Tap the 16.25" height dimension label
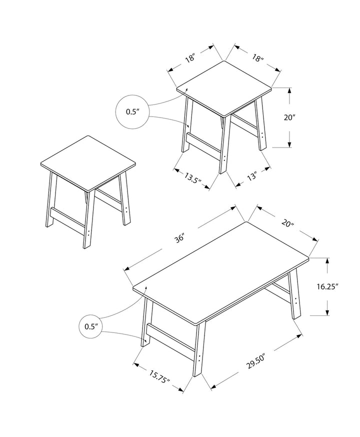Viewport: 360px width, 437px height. pyautogui.click(x=327, y=286)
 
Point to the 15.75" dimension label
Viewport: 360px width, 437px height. pyautogui.click(x=159, y=376)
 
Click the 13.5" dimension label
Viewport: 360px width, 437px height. pyautogui.click(x=192, y=177)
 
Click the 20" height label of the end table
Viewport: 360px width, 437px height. pyautogui.click(x=289, y=117)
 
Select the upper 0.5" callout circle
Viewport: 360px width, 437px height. pyautogui.click(x=132, y=112)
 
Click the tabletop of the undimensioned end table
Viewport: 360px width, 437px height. pyautogui.click(x=88, y=163)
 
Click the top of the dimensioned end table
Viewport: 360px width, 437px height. pyautogui.click(x=224, y=88)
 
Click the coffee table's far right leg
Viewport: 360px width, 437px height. pyautogui.click(x=294, y=295)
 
